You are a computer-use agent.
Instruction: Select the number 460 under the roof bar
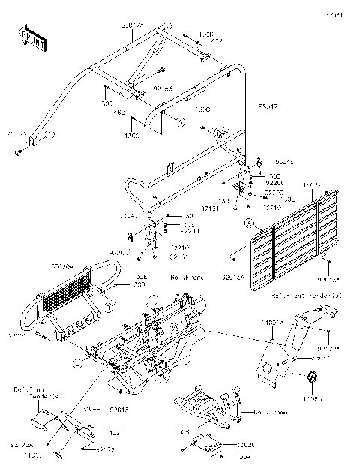[118, 112]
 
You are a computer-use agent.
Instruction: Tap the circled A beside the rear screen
[247, 223]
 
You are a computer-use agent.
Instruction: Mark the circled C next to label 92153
[48, 136]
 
